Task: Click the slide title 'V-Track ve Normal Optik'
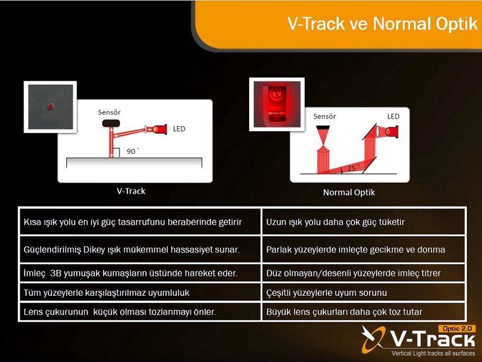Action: tap(382, 24)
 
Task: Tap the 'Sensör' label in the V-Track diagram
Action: tap(109, 112)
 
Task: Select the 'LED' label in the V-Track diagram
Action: tap(179, 129)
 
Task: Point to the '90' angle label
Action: tap(131, 151)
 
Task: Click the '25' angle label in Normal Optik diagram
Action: tap(352, 168)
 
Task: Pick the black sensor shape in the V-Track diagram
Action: tap(111, 123)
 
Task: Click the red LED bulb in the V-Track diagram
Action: tap(160, 129)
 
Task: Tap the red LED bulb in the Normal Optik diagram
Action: tap(392, 132)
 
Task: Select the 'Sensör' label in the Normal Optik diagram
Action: tap(325, 117)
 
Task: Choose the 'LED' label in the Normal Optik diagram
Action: tap(393, 116)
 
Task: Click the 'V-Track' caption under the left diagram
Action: tap(131, 191)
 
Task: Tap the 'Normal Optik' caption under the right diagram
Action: tap(349, 193)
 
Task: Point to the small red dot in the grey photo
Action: tap(51, 107)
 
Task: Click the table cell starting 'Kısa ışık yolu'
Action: tap(140, 222)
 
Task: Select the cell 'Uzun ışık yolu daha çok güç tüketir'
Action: tap(364, 222)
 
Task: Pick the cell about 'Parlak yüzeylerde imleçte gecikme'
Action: tap(364, 249)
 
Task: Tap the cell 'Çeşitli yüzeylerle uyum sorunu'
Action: tap(364, 292)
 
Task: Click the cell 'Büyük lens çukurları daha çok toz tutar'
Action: tap(364, 311)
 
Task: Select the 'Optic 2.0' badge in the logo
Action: tap(457, 328)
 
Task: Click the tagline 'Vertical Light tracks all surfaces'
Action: tap(433, 353)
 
